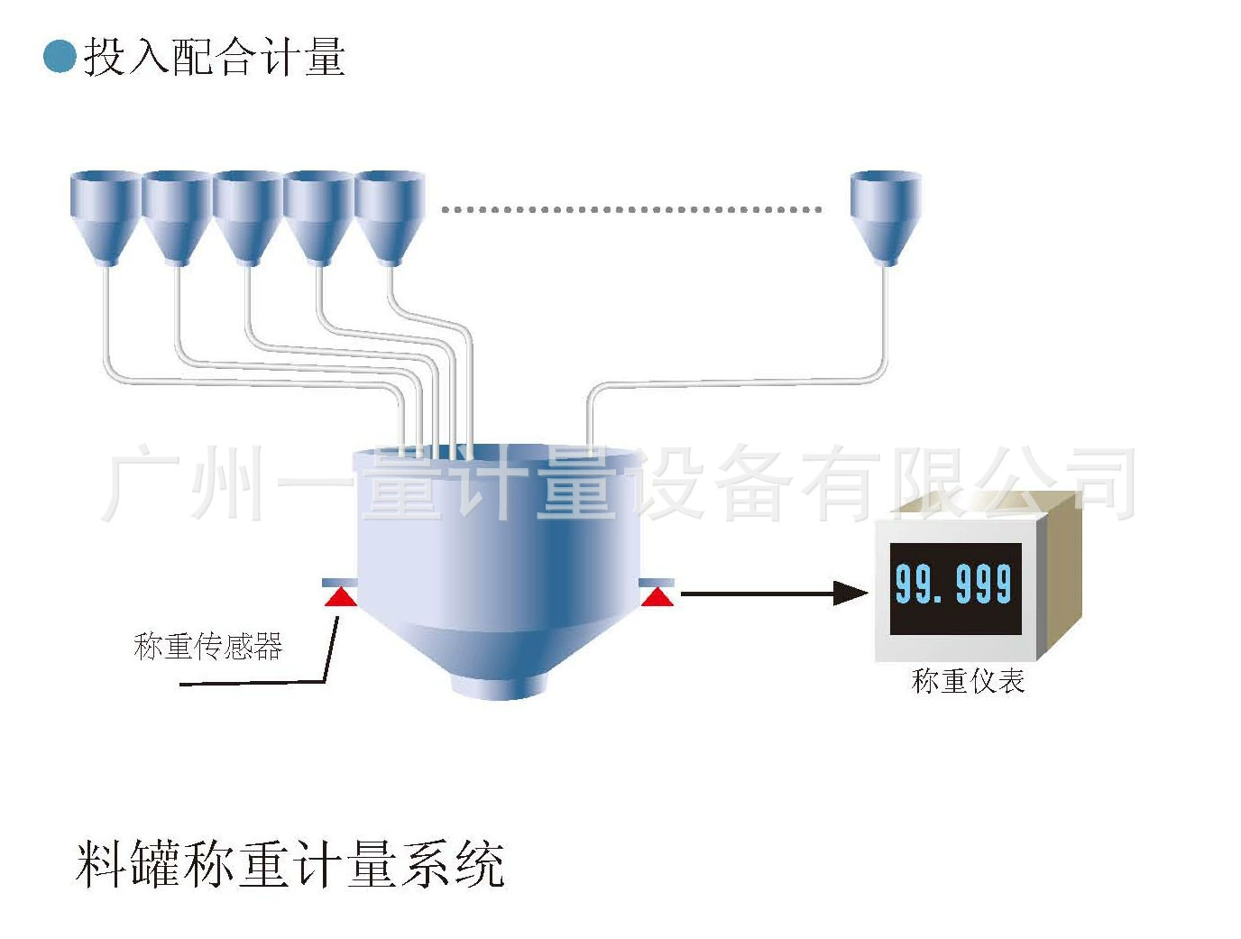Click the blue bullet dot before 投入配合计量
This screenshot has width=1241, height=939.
coord(60,56)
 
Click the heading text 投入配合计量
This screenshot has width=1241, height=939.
coord(214,57)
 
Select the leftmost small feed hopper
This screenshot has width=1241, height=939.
coord(106,213)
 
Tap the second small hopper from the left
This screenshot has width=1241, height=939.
coord(177,213)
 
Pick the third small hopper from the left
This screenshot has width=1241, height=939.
coord(247,213)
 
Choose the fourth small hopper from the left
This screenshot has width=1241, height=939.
coord(317,213)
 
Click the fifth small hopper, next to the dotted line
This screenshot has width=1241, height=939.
coord(389,213)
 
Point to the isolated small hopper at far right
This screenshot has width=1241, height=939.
coord(886,213)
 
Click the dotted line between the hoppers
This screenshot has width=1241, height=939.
coord(631,209)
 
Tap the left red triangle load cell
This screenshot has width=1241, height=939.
coord(340,596)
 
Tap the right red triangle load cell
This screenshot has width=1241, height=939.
coord(657,596)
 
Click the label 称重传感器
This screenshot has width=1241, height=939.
coord(208,646)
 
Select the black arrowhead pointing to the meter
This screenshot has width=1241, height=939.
coord(850,593)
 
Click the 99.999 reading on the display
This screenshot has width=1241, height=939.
coord(953,584)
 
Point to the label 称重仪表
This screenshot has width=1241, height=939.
coord(968,680)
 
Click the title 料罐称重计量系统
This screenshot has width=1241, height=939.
coord(290,864)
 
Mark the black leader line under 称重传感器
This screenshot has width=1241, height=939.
coord(253,683)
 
